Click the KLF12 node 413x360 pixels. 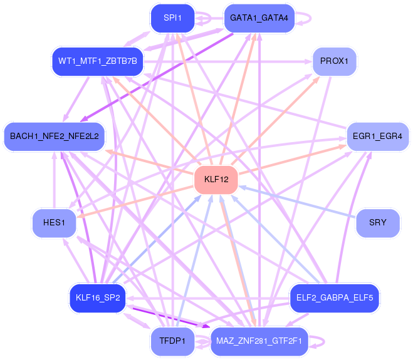tap(216, 180)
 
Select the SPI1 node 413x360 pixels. tap(172, 18)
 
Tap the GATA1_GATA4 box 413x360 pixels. tap(259, 18)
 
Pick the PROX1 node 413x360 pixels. tap(334, 61)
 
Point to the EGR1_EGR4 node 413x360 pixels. tap(377, 136)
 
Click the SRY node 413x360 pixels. tap(377, 223)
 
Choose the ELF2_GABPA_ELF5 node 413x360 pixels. tap(335, 298)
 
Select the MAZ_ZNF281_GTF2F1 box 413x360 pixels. tap(259, 341)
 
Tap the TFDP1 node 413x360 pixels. tap(172, 341)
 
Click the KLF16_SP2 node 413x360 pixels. tap(98, 298)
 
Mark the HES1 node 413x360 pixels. tap(54, 223)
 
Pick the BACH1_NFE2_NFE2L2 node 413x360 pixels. tap(55, 136)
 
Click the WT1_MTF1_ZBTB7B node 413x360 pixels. tap(98, 61)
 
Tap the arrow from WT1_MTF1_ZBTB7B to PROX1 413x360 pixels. tap(228, 62)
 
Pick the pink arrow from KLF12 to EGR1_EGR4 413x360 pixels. tap(293, 160)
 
